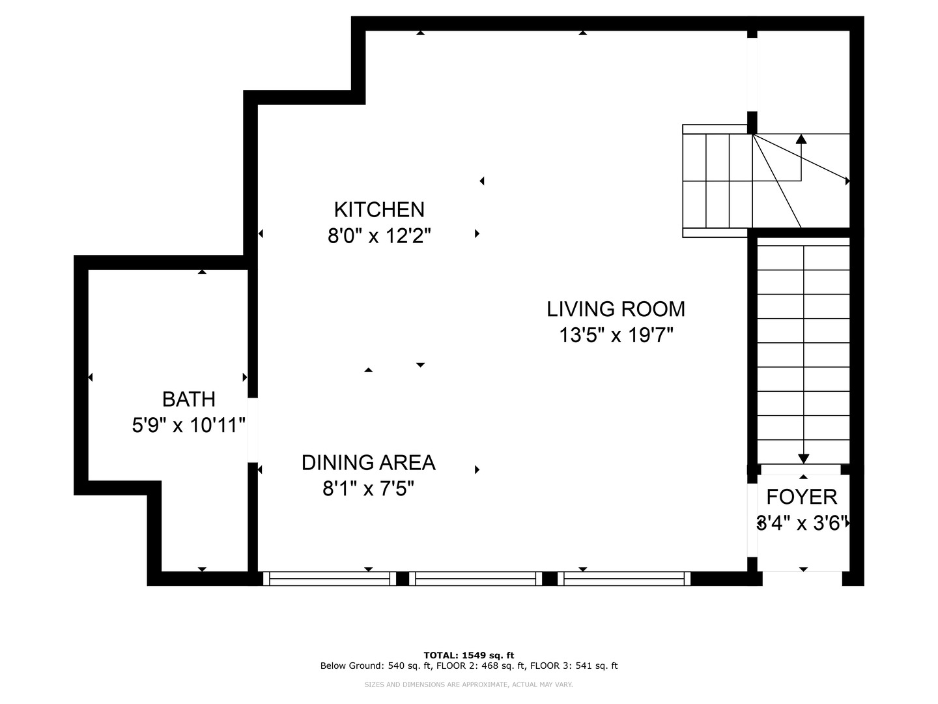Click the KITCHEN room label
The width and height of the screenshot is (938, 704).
[x=379, y=209]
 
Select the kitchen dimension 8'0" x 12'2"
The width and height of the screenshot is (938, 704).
[x=379, y=235]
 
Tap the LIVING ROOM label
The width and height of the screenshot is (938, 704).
[x=616, y=308]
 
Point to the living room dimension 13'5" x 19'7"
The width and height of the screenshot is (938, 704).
[x=616, y=335]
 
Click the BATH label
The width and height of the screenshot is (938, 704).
[x=188, y=398]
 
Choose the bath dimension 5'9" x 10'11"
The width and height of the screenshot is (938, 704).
[x=188, y=425]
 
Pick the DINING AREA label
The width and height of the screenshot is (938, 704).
[x=368, y=462]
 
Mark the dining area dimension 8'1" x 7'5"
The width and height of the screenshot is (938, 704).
[x=368, y=488]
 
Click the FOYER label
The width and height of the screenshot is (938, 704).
[x=801, y=497]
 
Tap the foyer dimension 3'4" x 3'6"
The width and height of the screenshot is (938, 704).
[x=803, y=523]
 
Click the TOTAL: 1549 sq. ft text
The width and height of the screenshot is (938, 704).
[x=468, y=655]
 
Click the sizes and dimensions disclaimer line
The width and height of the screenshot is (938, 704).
[x=468, y=684]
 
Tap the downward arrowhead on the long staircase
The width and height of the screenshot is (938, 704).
[x=804, y=458]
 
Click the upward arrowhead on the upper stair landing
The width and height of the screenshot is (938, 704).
[x=801, y=138]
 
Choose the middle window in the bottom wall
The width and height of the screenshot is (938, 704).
[x=476, y=578]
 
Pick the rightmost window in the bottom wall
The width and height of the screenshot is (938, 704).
[x=624, y=578]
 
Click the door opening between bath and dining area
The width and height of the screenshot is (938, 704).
[x=253, y=430]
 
